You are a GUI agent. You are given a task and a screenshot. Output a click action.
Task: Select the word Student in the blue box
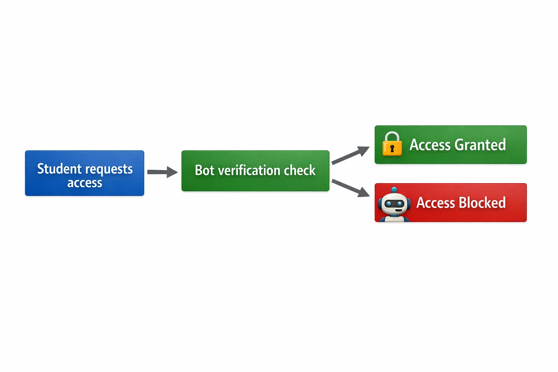click(x=59, y=169)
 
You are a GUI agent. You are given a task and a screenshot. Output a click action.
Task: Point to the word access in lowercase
click(x=85, y=183)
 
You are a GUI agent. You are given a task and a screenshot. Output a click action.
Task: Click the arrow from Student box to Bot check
click(x=162, y=172)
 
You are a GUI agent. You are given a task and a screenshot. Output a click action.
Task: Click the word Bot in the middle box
click(x=205, y=170)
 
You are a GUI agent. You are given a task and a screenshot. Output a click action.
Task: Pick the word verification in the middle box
click(x=249, y=170)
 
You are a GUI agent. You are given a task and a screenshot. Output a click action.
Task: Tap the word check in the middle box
click(x=300, y=170)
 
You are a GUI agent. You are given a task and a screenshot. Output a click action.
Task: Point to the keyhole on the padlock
click(x=392, y=149)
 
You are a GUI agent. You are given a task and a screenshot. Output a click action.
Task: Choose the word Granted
click(x=480, y=145)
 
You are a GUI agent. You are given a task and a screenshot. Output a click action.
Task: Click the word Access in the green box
click(x=430, y=145)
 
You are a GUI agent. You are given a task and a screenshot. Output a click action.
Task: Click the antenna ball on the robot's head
click(x=394, y=189)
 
